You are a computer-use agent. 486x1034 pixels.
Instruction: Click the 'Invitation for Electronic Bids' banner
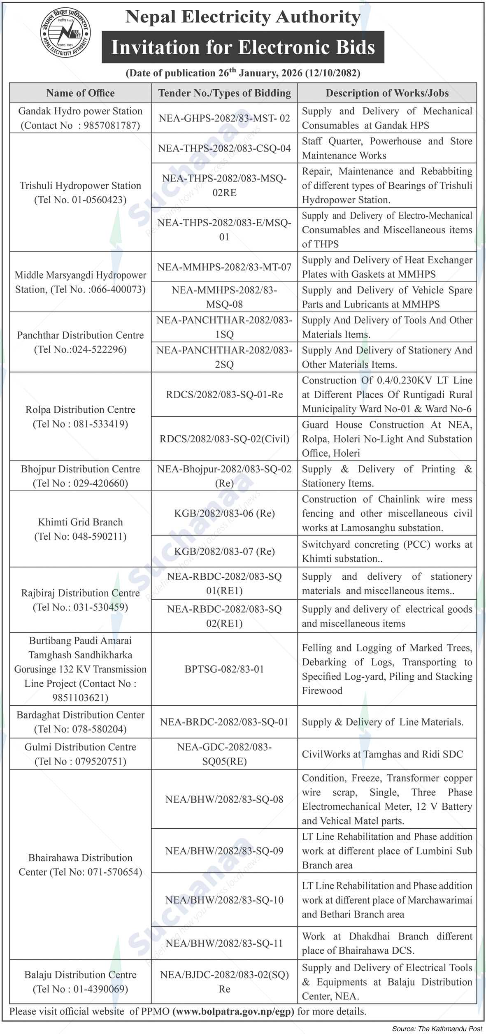point(243,47)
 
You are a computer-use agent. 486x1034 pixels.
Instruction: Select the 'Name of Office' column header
point(80,93)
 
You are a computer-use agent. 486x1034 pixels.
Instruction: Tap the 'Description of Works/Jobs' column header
point(387,93)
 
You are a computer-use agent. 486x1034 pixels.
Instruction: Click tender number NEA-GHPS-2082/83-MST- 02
point(224,119)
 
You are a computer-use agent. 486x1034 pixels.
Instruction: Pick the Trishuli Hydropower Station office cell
point(80,193)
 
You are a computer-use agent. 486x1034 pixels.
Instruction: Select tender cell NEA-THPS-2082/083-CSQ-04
point(224,148)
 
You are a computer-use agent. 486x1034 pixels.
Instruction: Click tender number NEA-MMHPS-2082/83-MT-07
point(224,267)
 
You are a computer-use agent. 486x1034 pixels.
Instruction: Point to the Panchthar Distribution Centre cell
point(80,342)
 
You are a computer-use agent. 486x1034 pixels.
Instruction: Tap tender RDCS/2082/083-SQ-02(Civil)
point(224,439)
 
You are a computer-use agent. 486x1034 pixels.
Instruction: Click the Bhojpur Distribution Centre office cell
point(80,476)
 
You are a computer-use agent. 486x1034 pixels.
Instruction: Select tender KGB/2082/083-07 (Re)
point(224,551)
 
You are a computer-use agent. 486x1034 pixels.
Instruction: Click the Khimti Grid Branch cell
point(80,529)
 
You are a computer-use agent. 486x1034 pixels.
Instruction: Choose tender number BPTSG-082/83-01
point(224,669)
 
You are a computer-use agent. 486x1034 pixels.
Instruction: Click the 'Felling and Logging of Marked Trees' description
point(387,669)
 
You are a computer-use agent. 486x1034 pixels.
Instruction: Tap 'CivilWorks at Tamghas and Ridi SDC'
point(382,754)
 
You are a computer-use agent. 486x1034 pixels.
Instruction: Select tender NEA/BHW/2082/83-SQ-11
point(224,943)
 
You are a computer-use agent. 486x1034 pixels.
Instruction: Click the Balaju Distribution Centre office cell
point(80,982)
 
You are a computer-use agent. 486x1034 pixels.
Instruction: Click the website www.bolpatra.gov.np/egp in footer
point(233,1011)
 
